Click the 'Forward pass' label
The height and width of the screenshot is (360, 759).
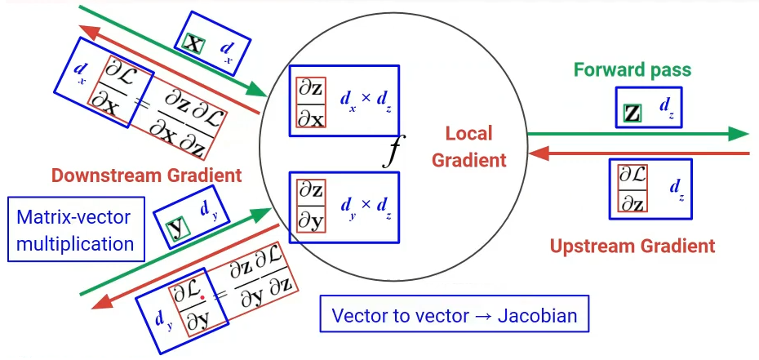[632, 69]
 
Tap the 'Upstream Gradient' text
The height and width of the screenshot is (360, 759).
[632, 246]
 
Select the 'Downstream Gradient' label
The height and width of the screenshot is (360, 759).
[146, 175]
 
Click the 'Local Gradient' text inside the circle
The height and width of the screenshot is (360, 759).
[468, 147]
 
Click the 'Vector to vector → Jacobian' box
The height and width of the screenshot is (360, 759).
[454, 316]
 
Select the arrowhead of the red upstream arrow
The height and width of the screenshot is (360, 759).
[538, 153]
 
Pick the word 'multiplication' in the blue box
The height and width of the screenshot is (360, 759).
[76, 243]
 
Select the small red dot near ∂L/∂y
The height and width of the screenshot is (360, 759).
[201, 299]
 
